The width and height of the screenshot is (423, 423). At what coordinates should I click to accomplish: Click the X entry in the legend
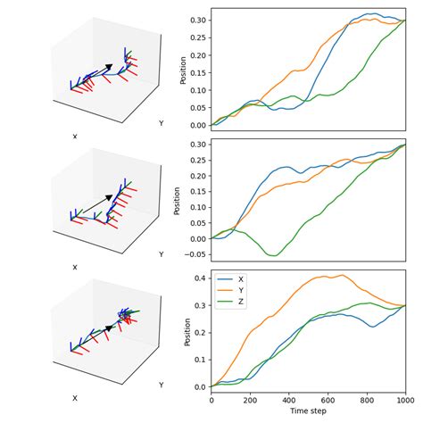point(240,279)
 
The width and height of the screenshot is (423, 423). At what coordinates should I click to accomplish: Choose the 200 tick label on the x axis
point(250,400)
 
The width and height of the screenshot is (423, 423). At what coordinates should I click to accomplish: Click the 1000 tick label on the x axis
point(405,400)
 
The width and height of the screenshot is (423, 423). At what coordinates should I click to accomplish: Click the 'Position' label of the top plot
point(184,68)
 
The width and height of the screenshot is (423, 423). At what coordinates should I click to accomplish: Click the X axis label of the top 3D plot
point(75,137)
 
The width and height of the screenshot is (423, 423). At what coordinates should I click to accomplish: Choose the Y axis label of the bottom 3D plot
point(161,385)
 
